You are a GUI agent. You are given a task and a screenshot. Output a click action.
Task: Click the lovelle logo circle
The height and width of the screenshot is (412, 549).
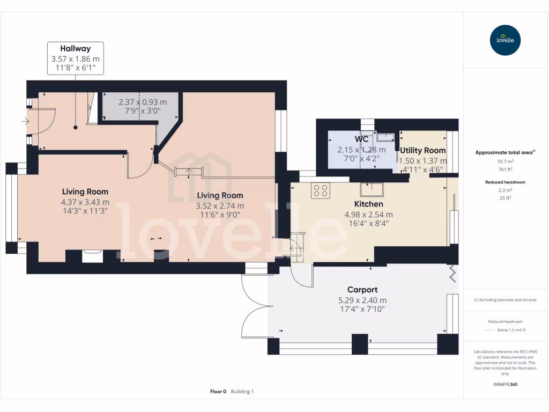click(x=505, y=40)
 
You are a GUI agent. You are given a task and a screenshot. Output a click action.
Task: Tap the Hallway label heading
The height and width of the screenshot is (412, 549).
click(x=75, y=49)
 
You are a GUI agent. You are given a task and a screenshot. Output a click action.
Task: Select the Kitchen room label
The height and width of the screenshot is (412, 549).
click(x=368, y=204)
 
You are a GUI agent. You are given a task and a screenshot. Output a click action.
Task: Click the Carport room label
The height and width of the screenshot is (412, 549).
click(x=362, y=290)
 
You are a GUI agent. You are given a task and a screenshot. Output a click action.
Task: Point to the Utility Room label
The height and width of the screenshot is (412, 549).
click(x=422, y=151)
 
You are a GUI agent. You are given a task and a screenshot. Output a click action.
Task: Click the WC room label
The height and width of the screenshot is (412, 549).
click(x=362, y=139)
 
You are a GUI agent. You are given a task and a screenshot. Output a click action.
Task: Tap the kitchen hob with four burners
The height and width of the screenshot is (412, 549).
click(x=321, y=190)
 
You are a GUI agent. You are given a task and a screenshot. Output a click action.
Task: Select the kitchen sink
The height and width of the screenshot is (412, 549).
click(x=372, y=190)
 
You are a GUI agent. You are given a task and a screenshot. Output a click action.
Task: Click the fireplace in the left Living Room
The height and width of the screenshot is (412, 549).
click(x=93, y=255)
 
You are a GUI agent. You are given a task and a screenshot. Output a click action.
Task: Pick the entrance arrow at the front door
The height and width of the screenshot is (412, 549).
click(x=25, y=122)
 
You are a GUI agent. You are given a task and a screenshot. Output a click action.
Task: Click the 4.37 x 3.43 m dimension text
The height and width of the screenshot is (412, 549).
click(x=85, y=202)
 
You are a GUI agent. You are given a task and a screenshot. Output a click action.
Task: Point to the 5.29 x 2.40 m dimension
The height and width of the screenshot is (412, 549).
click(x=362, y=300)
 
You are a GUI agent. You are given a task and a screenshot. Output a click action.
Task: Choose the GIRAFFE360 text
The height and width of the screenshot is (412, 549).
click(x=505, y=384)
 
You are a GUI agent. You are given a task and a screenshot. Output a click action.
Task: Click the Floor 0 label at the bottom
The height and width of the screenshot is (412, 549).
click(x=218, y=392)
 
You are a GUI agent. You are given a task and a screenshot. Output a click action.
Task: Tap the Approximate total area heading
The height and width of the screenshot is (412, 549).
click(x=504, y=152)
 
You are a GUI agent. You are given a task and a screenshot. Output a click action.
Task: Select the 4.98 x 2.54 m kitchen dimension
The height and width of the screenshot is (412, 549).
click(x=368, y=215)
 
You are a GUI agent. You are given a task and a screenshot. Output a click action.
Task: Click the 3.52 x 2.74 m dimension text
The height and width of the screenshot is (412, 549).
click(x=219, y=206)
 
